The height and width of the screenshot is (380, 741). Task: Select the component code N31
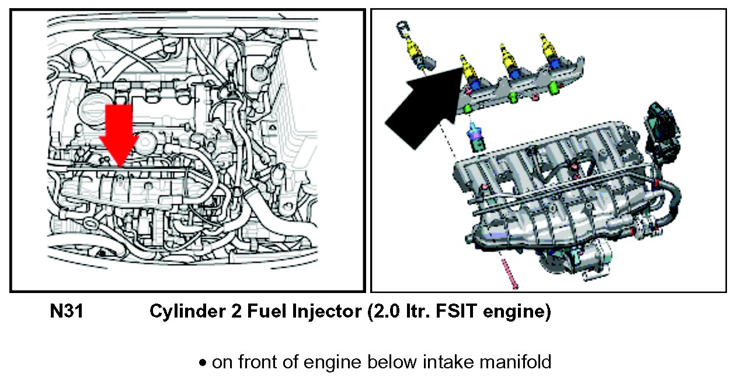(66, 312)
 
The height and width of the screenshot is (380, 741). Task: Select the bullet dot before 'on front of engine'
(203, 363)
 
